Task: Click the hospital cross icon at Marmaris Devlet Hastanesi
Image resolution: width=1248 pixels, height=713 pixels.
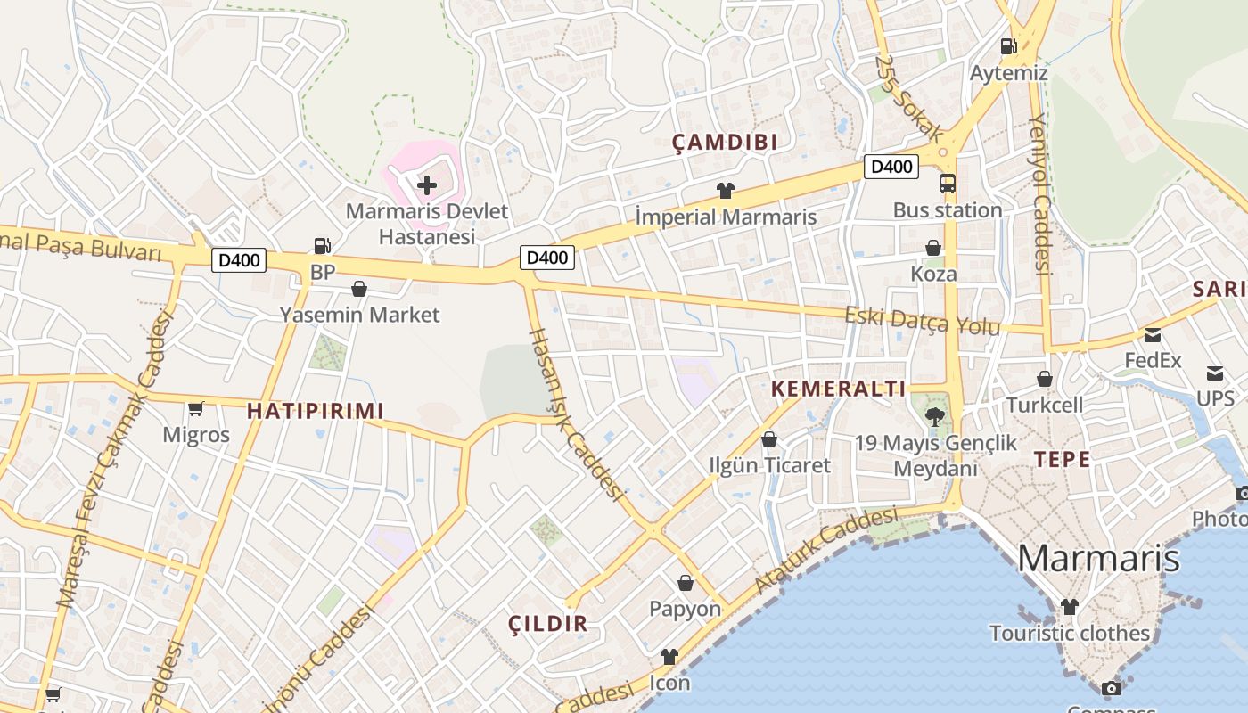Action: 427,185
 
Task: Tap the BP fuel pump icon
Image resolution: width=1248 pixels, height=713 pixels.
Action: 323,245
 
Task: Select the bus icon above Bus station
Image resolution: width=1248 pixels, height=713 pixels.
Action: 948,184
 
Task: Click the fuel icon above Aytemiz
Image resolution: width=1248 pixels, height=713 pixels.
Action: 1008,45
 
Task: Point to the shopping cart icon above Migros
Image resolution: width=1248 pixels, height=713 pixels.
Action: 196,409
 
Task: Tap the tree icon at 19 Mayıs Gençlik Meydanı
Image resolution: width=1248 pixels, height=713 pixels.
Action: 934,414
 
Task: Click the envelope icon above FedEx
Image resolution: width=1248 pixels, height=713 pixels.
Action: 1153,335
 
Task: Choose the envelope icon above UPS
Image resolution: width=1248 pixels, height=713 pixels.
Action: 1215,373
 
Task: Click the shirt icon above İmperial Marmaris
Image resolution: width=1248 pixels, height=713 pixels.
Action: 725,190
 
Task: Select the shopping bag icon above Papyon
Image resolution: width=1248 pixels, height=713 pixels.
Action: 686,583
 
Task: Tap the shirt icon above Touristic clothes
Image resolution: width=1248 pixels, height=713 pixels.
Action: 1069,607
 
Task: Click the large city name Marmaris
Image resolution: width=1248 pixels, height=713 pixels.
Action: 1098,559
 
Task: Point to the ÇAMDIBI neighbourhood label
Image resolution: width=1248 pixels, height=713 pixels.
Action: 725,142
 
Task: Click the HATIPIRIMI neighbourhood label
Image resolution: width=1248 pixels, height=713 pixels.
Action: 316,411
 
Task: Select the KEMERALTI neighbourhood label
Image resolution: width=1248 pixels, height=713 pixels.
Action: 838,389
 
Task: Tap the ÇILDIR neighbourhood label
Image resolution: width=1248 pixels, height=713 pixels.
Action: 548,624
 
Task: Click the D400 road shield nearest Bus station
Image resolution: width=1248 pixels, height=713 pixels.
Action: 891,166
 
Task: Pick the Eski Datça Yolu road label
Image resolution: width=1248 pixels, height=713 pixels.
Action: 923,321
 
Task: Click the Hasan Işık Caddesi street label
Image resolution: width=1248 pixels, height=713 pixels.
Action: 576,413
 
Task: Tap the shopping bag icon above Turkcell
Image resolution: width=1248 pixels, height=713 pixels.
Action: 1045,379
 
